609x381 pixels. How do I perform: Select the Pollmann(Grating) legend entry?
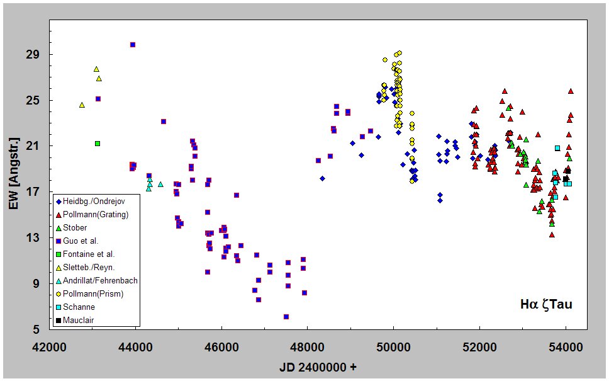tap(94, 215)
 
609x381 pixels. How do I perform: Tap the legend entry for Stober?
tap(75, 228)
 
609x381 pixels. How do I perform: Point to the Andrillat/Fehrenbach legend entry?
tap(100, 281)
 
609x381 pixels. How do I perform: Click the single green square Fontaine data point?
tap(98, 144)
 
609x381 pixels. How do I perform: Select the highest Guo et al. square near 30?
tap(133, 45)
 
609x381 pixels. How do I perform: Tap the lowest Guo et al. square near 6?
tap(286, 317)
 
